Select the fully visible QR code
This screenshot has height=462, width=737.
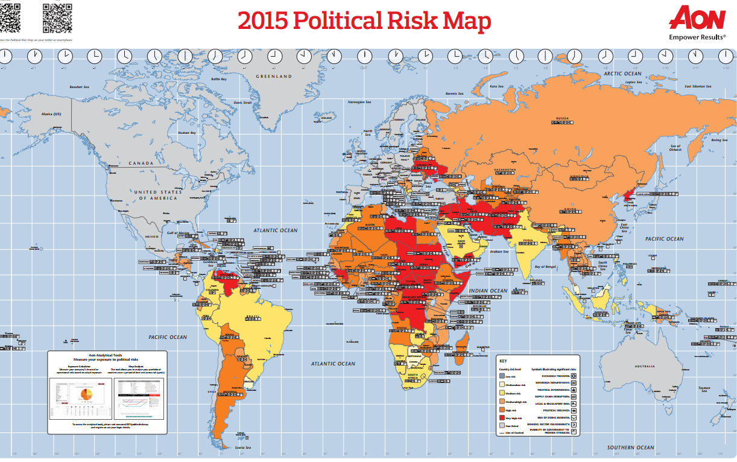pyautogui.click(x=57, y=17)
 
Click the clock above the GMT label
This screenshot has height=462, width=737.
pyautogui.click(x=364, y=56)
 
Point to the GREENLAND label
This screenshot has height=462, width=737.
pyautogui.click(x=273, y=77)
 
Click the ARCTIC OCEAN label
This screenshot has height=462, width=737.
pyautogui.click(x=623, y=74)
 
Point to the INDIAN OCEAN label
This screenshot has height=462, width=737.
pyautogui.click(x=488, y=291)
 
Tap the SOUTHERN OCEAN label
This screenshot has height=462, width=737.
pyautogui.click(x=630, y=448)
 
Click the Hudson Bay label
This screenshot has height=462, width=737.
pyautogui.click(x=186, y=133)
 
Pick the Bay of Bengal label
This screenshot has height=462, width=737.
pyautogui.click(x=548, y=266)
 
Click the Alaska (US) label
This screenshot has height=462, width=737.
pyautogui.click(x=51, y=114)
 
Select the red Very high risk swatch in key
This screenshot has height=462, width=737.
pyautogui.click(x=502, y=418)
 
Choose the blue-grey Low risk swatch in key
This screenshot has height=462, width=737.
pyautogui.click(x=502, y=376)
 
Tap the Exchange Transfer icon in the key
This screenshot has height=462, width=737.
pyautogui.click(x=574, y=375)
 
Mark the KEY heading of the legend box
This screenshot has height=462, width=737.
pyautogui.click(x=504, y=361)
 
